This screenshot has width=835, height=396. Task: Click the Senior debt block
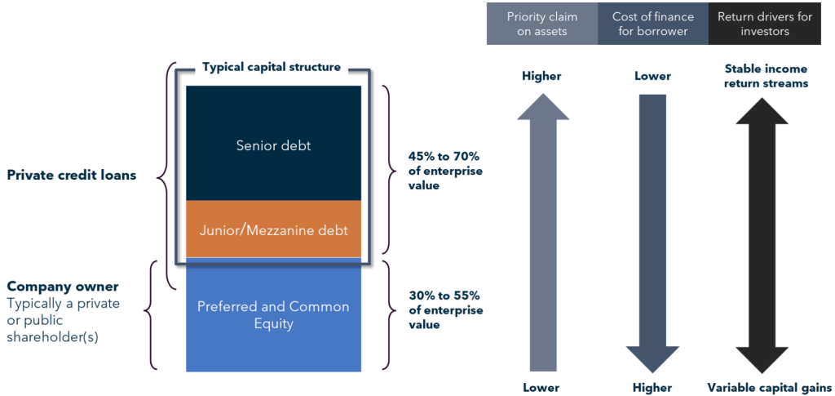coord(273,145)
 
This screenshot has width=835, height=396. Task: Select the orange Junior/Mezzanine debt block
coord(273,229)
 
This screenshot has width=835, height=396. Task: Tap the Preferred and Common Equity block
coord(273,314)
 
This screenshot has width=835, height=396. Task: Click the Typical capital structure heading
coord(272,67)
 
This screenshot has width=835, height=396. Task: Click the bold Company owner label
coord(63,287)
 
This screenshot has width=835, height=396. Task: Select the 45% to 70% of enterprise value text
coord(445,170)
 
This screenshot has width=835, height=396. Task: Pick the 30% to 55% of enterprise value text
coord(445,310)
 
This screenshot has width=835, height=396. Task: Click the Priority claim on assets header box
coord(541,23)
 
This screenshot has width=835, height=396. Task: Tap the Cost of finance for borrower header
coord(652,23)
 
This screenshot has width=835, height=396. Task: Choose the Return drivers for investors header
coord(765,23)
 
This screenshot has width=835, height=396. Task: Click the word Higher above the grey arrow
coord(541,76)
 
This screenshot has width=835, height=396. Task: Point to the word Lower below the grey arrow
coord(542,387)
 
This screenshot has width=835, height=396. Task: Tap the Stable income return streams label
coord(766,76)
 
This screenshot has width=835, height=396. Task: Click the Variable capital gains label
coord(769,387)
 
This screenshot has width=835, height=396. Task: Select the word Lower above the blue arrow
coord(652,76)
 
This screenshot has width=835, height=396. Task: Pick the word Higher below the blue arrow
coord(652,387)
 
